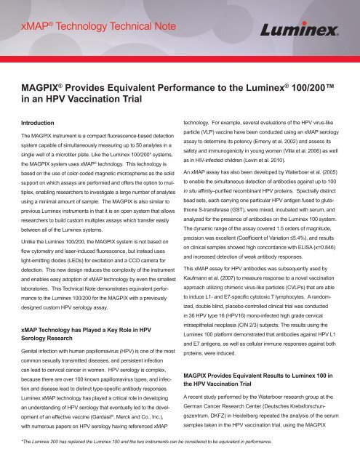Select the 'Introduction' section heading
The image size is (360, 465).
[41, 124]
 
